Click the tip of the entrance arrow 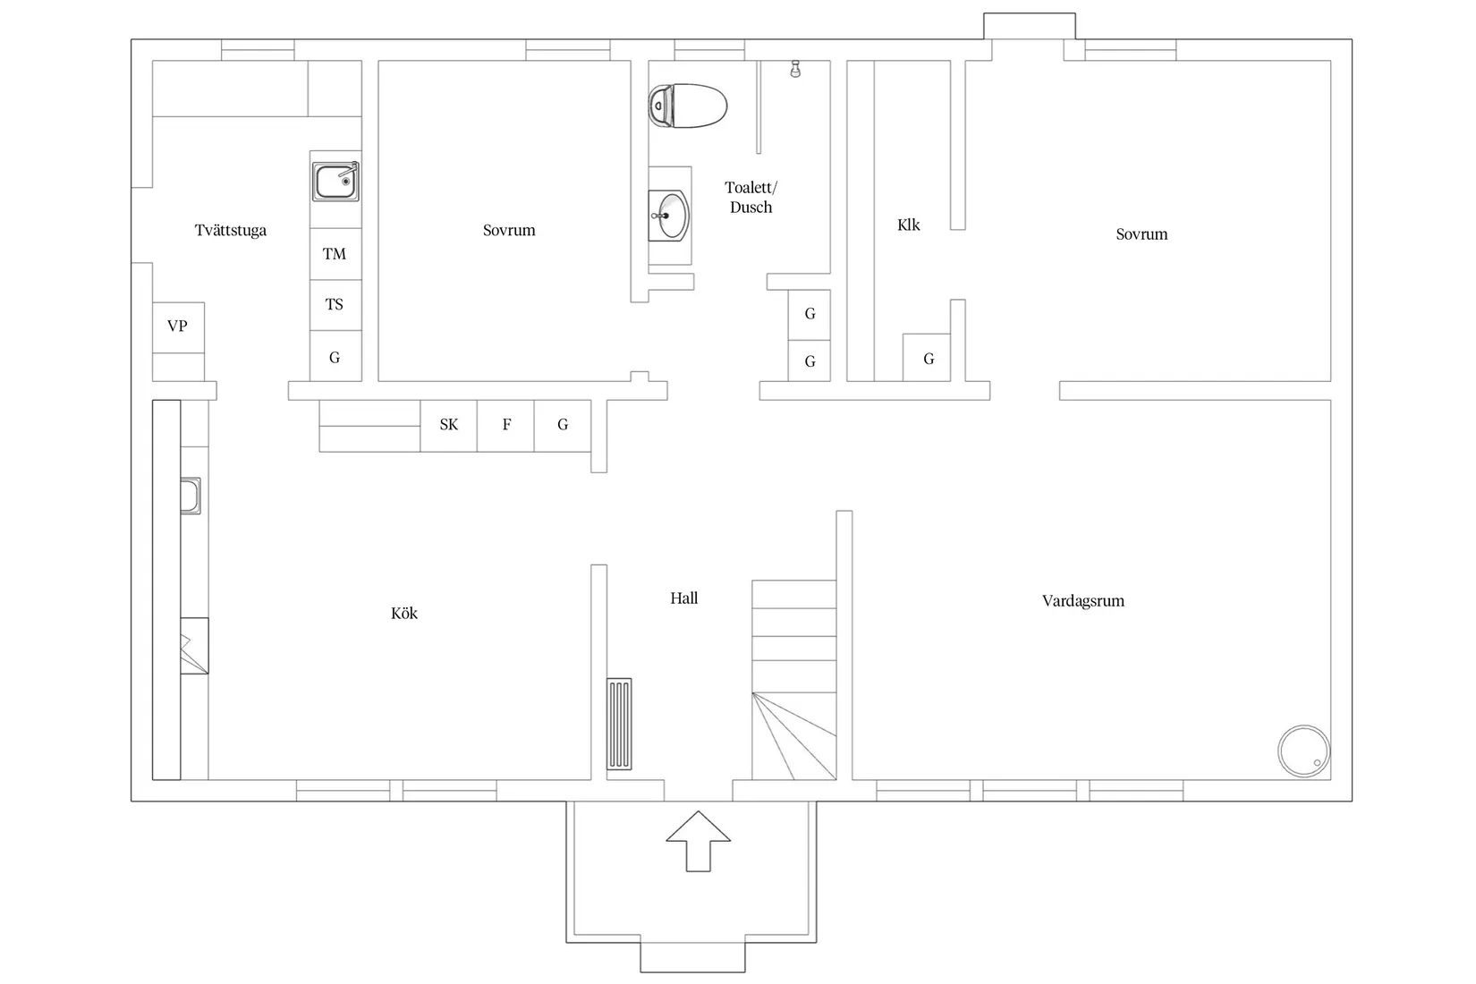tap(698, 811)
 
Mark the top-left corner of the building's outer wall tap(131, 39)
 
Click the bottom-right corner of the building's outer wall tap(1353, 802)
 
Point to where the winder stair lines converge tap(752, 692)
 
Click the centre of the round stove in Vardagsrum tap(1303, 751)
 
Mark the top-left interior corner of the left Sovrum tap(378, 61)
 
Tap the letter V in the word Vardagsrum tap(1047, 600)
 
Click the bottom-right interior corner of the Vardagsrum tap(1330, 780)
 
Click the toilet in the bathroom tap(687, 106)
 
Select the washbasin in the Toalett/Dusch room tap(668, 216)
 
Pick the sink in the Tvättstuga tap(335, 182)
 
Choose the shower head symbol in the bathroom tap(795, 69)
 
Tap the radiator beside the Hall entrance tap(619, 724)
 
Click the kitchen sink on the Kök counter tap(191, 496)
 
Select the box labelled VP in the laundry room tap(178, 327)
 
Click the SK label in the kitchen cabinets tap(449, 424)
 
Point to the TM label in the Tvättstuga tap(335, 254)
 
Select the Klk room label tap(909, 225)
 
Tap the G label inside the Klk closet tap(929, 359)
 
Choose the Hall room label tap(684, 598)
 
